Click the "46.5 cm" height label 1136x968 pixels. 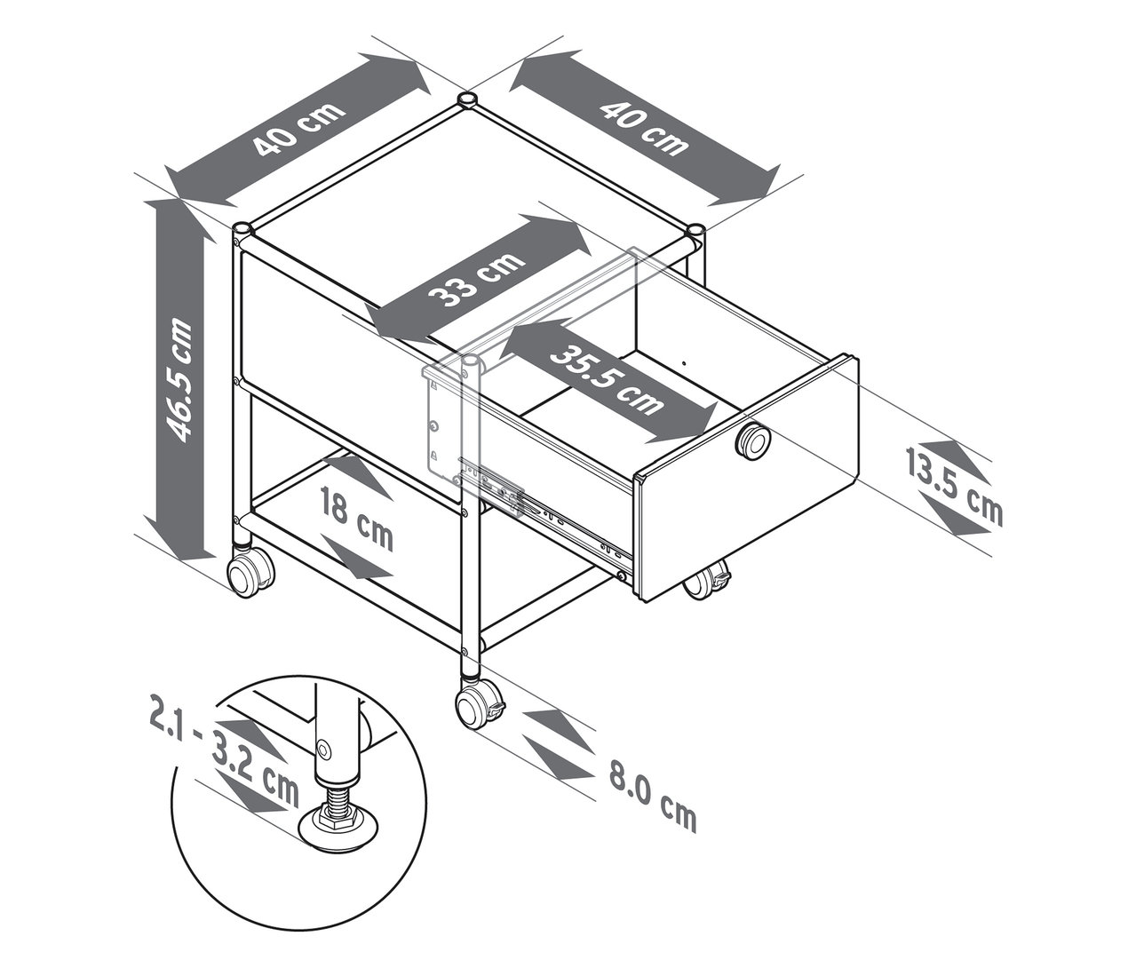(x=178, y=379)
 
